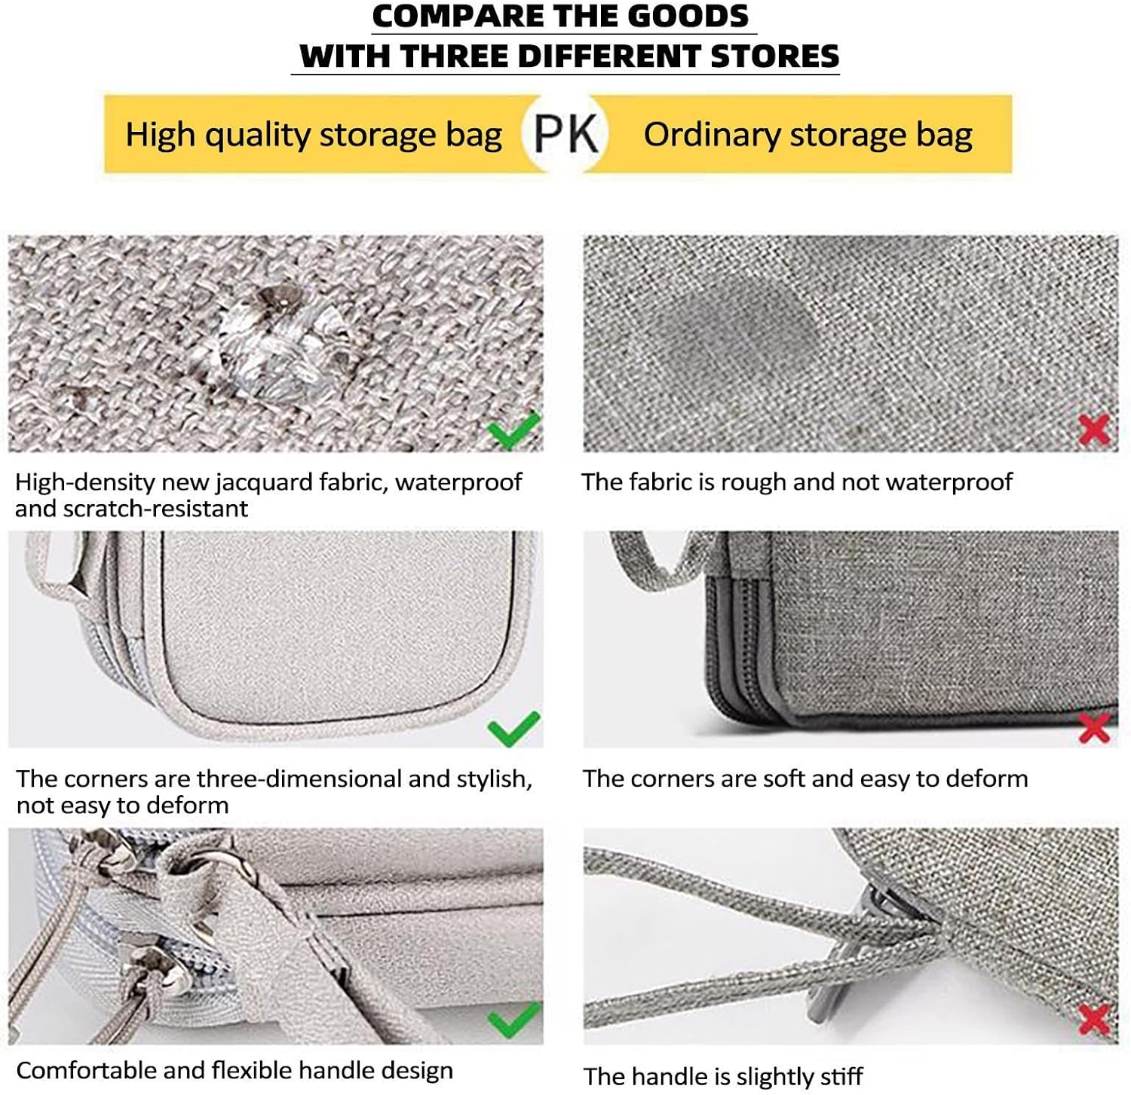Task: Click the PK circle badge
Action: tap(565, 133)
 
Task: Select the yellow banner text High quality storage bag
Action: tap(314, 136)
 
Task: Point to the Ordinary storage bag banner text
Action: tap(808, 136)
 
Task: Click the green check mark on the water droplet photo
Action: tap(513, 430)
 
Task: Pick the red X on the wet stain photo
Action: tap(1094, 429)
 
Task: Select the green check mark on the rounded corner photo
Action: tap(513, 728)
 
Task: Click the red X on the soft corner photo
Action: tap(1094, 728)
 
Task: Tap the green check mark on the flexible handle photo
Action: tap(513, 1020)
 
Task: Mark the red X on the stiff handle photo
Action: tap(1094, 1019)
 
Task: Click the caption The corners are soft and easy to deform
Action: tap(805, 779)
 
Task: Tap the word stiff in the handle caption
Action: tap(838, 1076)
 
